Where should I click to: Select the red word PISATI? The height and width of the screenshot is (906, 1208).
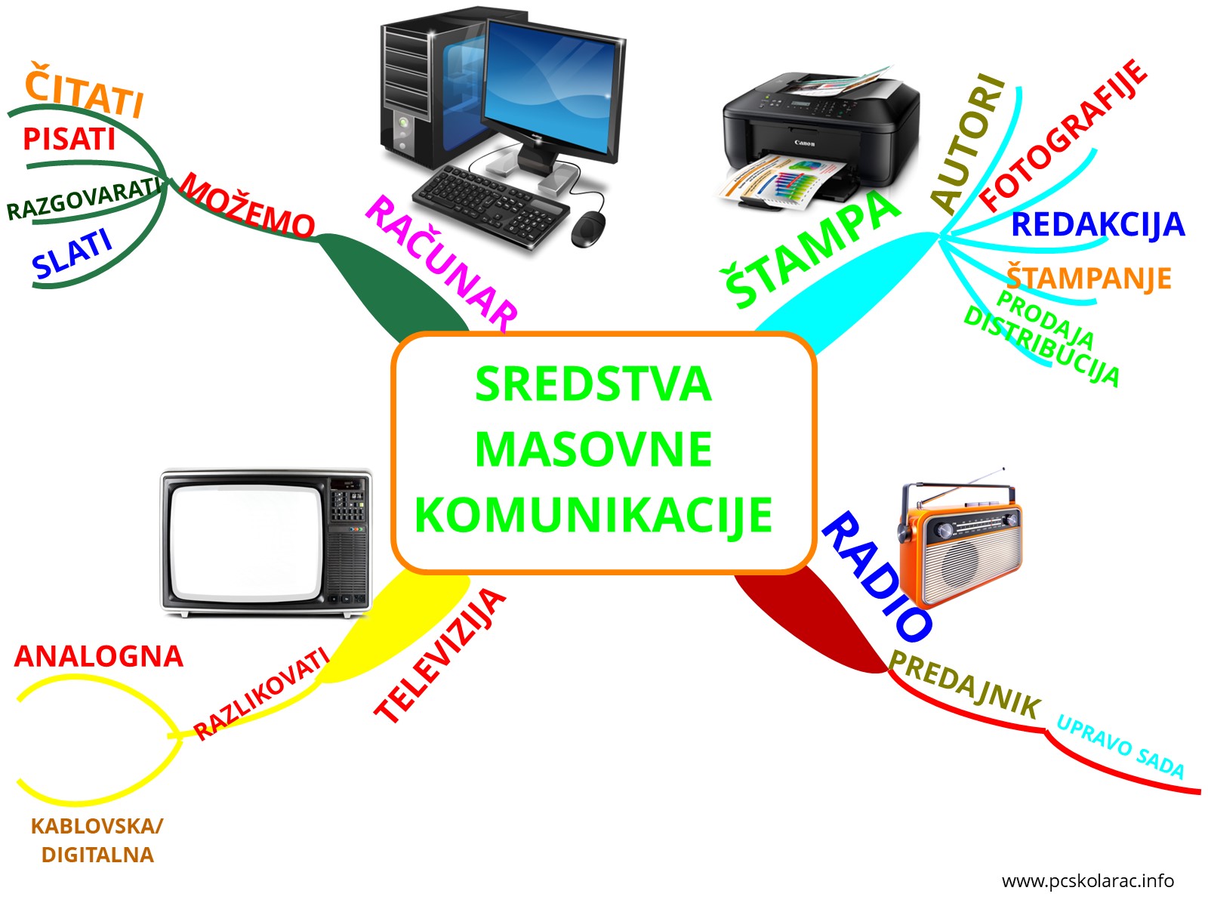pos(69,139)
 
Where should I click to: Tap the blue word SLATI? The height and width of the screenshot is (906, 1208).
pos(72,254)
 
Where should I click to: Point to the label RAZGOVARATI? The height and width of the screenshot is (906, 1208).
pos(85,199)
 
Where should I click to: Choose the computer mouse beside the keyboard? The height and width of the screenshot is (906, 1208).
pos(588,228)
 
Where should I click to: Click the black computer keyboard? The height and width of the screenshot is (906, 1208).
pos(491,205)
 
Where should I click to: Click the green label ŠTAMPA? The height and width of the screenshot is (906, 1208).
pos(812,248)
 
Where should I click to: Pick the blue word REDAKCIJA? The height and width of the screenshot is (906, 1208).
pos(1097,224)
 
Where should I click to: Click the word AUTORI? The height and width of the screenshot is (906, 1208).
pos(968,143)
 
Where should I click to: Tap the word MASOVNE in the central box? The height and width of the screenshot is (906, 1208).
pos(593,449)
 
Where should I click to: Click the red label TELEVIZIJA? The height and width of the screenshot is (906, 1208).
pos(439,655)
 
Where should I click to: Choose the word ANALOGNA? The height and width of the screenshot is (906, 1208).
pos(98,656)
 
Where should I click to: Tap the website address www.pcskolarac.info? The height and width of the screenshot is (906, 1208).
pos(1087,880)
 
